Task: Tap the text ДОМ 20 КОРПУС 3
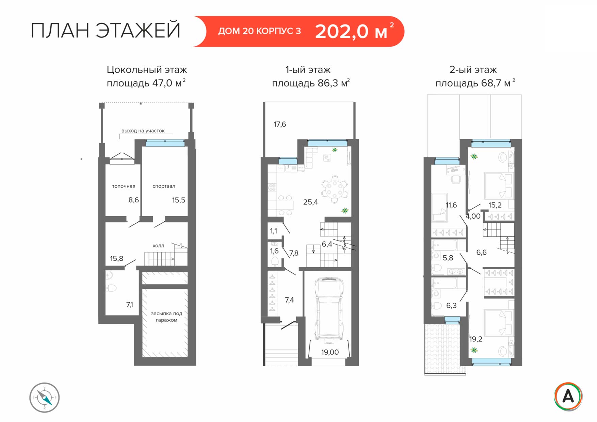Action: tap(259, 31)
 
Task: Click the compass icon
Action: tap(45, 398)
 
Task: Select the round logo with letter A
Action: tap(568, 396)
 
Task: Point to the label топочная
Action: tap(124, 186)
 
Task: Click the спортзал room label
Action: tap(164, 186)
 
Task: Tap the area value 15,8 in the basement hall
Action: tap(116, 259)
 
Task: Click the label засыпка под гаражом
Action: tap(166, 317)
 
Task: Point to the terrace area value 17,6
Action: tap(280, 124)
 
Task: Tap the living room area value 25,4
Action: tap(310, 202)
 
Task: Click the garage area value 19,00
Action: tap(330, 352)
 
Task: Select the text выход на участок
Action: tap(143, 131)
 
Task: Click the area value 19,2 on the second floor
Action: tap(475, 339)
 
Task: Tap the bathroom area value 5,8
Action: tap(448, 258)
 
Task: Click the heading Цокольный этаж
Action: tap(147, 70)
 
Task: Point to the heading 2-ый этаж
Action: tap(473, 70)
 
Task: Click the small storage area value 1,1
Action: tap(274, 231)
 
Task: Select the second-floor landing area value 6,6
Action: tap(481, 252)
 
